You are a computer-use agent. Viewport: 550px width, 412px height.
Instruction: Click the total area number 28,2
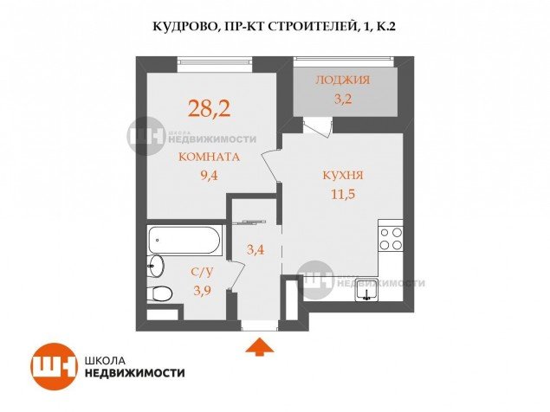point(209,108)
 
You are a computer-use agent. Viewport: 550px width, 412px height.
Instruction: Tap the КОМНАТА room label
point(209,157)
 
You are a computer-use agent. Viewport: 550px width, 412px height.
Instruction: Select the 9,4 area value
point(209,175)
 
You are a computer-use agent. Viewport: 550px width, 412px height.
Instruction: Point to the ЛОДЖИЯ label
point(343,80)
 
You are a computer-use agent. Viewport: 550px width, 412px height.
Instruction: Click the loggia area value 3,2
point(343,99)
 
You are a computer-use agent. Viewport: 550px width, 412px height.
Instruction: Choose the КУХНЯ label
point(343,175)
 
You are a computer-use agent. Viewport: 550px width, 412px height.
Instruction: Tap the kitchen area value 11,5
point(343,193)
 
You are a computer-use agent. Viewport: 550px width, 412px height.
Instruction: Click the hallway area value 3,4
point(256,249)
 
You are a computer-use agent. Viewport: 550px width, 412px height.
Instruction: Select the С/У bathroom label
point(202,273)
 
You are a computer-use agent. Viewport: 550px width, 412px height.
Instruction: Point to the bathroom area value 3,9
point(202,290)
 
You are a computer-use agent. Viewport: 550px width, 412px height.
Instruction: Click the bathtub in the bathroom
point(184,240)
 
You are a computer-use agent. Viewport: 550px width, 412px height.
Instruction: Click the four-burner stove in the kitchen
point(391,238)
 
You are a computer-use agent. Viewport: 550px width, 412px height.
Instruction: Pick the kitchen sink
point(366,290)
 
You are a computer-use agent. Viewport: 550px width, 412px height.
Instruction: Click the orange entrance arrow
point(259,347)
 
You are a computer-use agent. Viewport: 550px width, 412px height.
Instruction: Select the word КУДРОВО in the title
point(182,27)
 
